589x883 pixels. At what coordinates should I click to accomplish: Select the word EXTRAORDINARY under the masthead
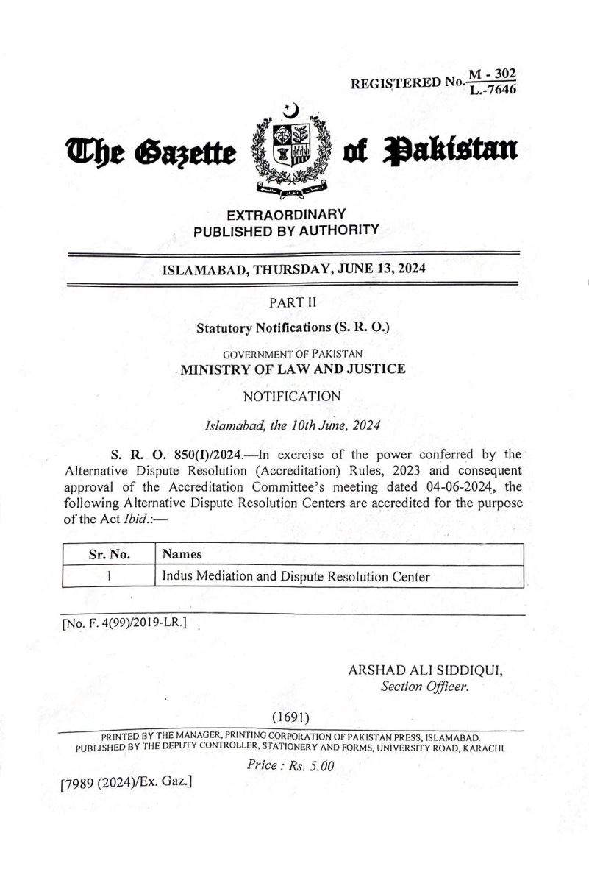click(x=286, y=214)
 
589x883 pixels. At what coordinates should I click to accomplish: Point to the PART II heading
click(x=293, y=302)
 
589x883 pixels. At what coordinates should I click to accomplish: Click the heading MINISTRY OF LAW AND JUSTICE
click(x=293, y=369)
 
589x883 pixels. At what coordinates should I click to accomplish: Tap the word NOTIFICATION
click(x=292, y=397)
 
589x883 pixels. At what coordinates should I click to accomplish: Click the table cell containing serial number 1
click(x=108, y=577)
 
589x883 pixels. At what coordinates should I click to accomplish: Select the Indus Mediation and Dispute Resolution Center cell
click(x=296, y=577)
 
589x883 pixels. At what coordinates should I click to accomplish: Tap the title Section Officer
click(x=424, y=688)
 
